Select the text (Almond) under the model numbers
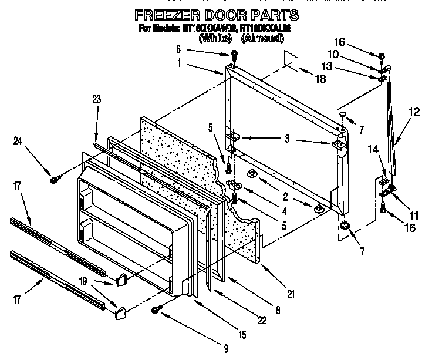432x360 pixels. coord(264,39)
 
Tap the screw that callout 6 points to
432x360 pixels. coord(234,56)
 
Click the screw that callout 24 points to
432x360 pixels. coord(54,178)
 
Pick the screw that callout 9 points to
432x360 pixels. coord(157,309)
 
